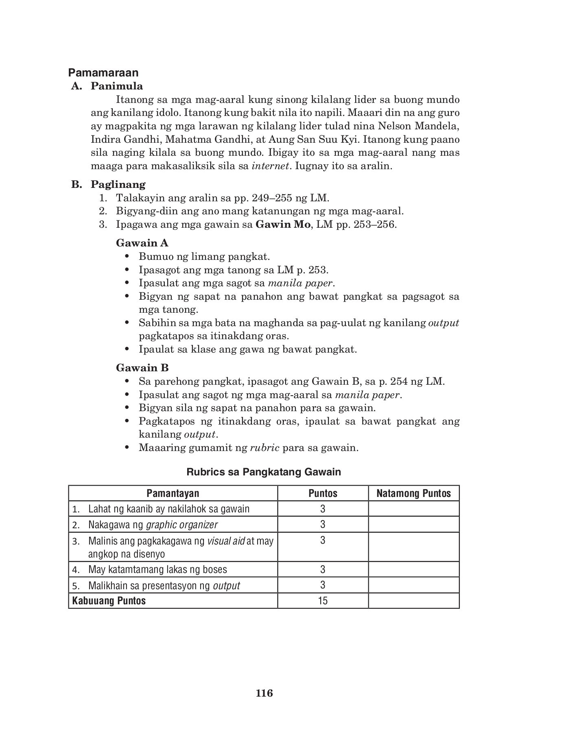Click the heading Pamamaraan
click(x=103, y=73)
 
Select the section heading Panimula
click(x=117, y=86)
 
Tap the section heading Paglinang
click(x=118, y=185)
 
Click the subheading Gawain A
click(x=142, y=243)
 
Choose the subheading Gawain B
click(x=142, y=368)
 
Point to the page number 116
click(x=265, y=693)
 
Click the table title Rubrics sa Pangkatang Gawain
click(x=264, y=472)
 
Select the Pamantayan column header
click(x=173, y=493)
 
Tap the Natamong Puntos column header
click(x=414, y=493)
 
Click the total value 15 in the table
click(x=323, y=601)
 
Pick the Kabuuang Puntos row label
click(x=109, y=601)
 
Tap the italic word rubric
click(x=265, y=448)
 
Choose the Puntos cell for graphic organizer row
click(x=323, y=524)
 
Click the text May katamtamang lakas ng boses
click(x=157, y=569)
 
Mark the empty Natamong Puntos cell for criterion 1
click(x=414, y=509)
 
